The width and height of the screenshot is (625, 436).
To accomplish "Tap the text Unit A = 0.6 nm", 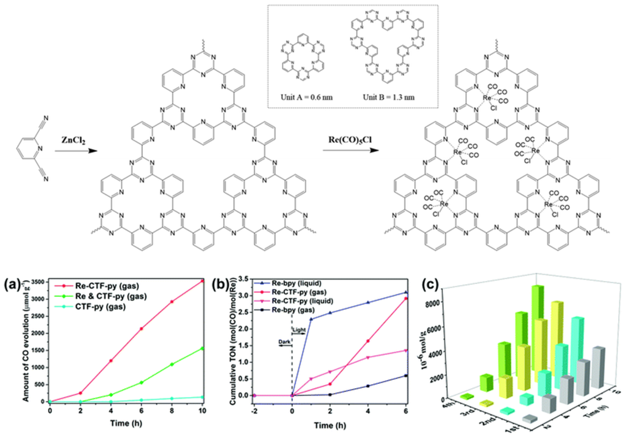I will click(x=307, y=97).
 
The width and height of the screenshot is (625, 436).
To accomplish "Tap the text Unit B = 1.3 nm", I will click(x=389, y=97).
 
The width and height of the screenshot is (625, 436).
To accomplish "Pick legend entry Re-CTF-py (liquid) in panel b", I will click(x=302, y=301).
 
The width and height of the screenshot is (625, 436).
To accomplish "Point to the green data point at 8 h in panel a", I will click(x=172, y=364).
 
